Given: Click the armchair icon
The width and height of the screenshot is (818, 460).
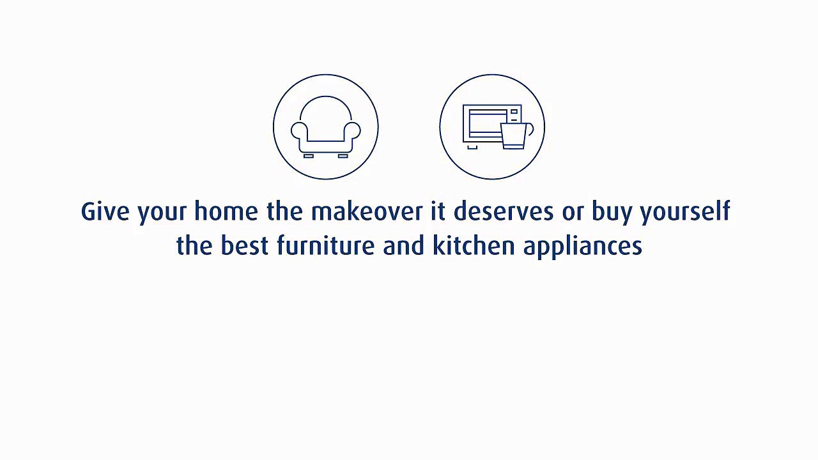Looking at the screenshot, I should [x=326, y=127].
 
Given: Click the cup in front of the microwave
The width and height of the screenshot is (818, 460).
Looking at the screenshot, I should [x=514, y=135].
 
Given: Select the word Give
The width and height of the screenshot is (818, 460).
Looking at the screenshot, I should [x=105, y=211].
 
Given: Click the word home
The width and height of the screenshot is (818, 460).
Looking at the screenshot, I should [x=226, y=211].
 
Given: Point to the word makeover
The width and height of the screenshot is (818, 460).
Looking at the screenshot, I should [x=367, y=211].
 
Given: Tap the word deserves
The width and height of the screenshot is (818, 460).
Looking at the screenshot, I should [x=504, y=211].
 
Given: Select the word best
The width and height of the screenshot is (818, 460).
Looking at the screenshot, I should [x=244, y=246].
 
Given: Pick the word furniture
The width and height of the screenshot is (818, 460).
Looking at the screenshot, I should [x=325, y=246].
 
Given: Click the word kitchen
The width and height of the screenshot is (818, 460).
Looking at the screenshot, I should [x=473, y=246].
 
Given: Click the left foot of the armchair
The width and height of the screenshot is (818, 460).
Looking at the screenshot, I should [x=309, y=155].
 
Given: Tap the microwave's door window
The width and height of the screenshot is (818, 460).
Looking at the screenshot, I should [x=485, y=123].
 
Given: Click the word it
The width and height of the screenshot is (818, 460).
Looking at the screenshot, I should [x=438, y=211].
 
